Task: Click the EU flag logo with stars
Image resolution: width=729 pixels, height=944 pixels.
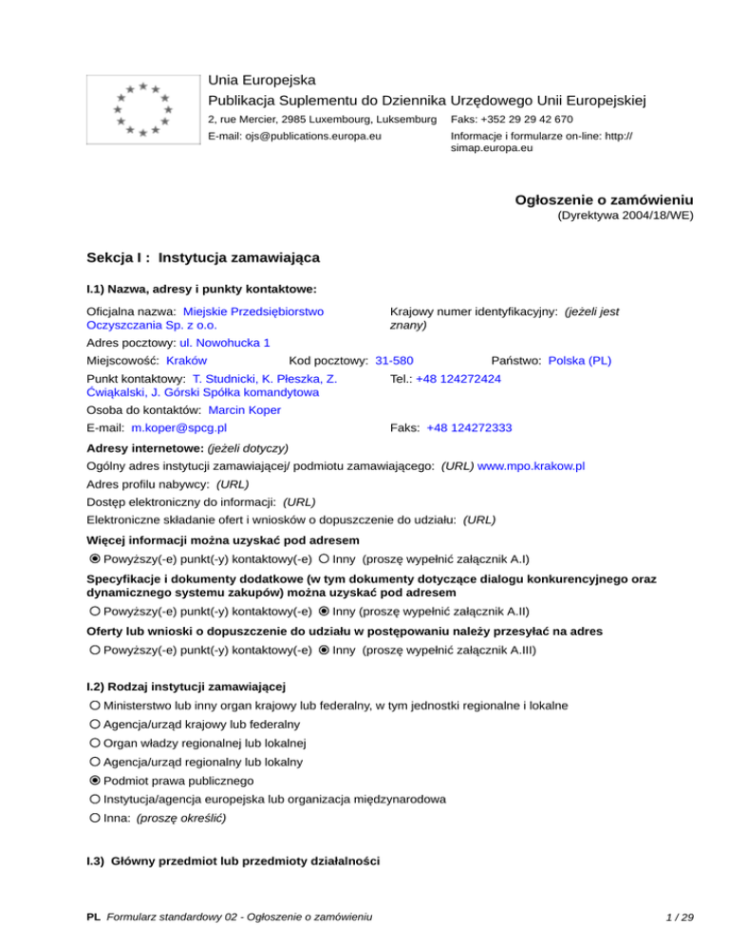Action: (141, 109)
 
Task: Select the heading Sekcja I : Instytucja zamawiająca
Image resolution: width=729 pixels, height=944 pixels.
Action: (202, 257)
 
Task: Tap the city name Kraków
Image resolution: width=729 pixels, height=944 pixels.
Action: (187, 361)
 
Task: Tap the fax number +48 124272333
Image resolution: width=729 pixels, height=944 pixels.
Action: (469, 428)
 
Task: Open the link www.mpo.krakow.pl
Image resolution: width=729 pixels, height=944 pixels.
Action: (531, 466)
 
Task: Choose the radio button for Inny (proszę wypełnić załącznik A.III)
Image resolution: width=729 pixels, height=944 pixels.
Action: (325, 651)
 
